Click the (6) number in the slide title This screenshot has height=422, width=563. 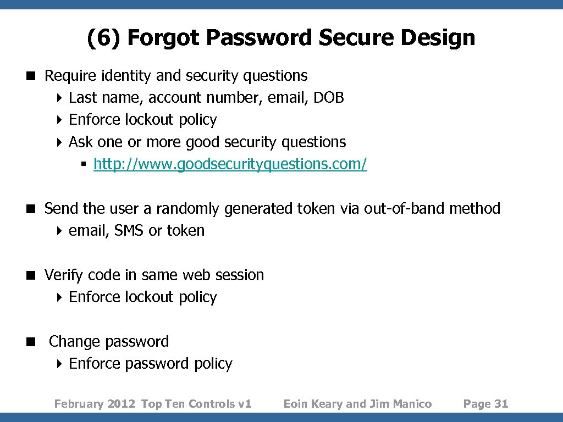click(x=104, y=38)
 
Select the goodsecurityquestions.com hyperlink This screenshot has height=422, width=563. click(x=230, y=164)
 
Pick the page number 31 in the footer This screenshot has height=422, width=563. click(x=501, y=404)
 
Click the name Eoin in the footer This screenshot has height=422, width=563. click(x=296, y=404)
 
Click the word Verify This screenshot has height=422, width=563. click(x=64, y=275)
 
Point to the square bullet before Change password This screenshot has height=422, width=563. click(x=36, y=342)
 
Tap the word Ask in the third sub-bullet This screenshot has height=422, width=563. click(x=81, y=142)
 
